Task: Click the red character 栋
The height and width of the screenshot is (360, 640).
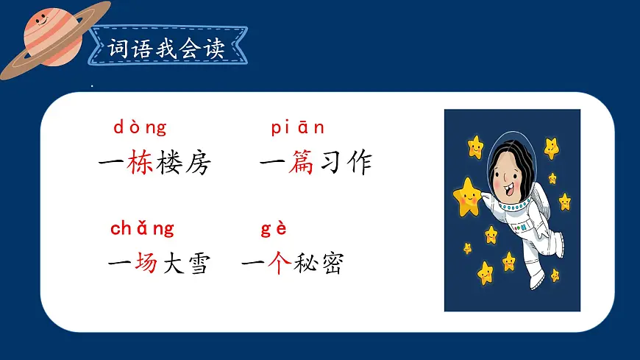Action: [140, 163]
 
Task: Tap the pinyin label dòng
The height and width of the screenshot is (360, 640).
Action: [140, 127]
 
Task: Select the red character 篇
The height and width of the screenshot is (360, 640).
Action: [302, 163]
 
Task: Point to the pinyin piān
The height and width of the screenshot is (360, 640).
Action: [298, 128]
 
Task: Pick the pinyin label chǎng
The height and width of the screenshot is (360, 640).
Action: [142, 228]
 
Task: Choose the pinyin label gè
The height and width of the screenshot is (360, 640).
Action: [274, 228]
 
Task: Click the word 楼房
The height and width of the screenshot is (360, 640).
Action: [183, 163]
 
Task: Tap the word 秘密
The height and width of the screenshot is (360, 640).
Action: [318, 263]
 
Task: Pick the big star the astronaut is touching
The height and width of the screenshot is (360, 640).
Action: [466, 196]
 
